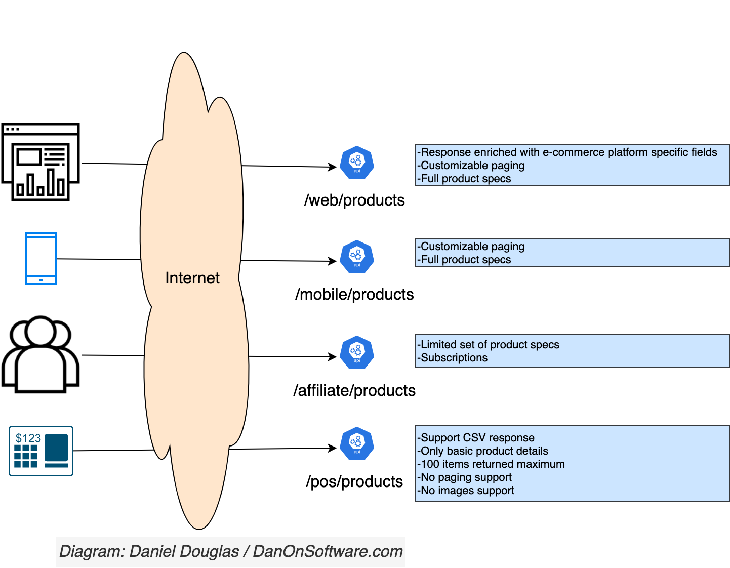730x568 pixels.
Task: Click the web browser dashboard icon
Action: click(x=40, y=162)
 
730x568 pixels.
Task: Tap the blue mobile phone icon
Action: click(x=41, y=259)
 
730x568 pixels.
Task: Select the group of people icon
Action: click(x=40, y=354)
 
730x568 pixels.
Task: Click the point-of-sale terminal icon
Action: click(x=41, y=451)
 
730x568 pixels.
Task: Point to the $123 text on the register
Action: click(x=28, y=438)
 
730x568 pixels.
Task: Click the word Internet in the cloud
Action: click(x=192, y=278)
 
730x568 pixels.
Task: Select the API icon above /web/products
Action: click(x=357, y=163)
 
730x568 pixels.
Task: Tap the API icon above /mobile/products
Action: click(x=357, y=257)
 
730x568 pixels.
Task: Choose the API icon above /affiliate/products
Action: click(x=357, y=353)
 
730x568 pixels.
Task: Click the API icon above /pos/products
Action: click(x=357, y=444)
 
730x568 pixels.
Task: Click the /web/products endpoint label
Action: click(x=354, y=200)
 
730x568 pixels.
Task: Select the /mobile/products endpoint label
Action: click(x=354, y=295)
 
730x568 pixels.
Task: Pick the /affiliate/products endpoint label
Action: click(x=354, y=391)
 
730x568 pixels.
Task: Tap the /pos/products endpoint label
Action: click(x=354, y=482)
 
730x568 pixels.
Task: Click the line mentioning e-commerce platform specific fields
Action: click(x=567, y=152)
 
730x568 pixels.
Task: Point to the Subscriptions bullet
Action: click(x=454, y=358)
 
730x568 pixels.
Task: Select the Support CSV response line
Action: click(x=476, y=438)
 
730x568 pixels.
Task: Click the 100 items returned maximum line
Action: click(x=491, y=464)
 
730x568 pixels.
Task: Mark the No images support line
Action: click(x=466, y=491)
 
